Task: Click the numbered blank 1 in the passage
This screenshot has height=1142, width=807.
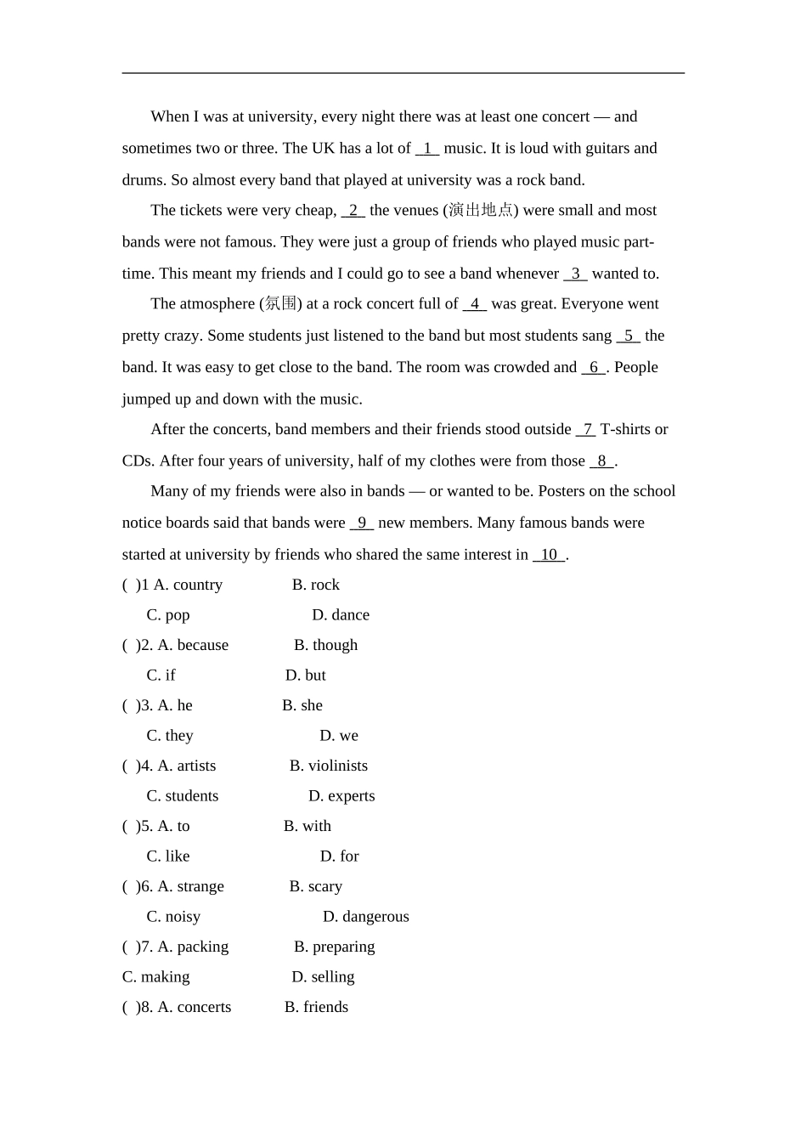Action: click(427, 149)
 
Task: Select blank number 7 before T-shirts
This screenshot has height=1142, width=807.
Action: click(586, 430)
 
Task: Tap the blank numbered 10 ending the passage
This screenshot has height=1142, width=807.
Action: click(549, 555)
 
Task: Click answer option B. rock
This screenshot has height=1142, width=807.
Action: click(315, 585)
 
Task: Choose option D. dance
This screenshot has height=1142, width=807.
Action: click(340, 615)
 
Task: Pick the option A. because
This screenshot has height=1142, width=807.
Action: click(193, 645)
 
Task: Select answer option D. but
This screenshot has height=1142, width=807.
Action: click(305, 676)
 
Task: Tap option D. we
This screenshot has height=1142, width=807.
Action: click(338, 736)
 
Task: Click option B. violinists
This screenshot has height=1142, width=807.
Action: click(328, 766)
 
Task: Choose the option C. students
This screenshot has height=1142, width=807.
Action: click(182, 796)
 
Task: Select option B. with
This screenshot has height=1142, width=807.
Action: click(307, 826)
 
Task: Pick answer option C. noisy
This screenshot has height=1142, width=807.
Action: click(173, 917)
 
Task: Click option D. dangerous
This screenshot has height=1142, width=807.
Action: click(365, 917)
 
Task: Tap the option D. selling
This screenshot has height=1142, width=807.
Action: click(323, 977)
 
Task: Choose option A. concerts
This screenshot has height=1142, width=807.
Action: click(194, 1007)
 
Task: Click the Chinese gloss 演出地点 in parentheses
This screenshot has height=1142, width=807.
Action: click(481, 210)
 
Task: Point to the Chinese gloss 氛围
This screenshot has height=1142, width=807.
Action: click(280, 303)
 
